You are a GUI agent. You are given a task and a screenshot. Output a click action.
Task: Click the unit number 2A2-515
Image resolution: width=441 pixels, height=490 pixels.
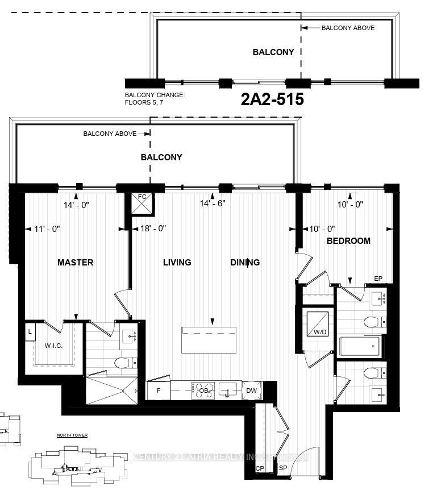pyautogui.click(x=272, y=99)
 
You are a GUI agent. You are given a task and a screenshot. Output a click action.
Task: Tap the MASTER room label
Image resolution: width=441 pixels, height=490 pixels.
pyautogui.click(x=75, y=262)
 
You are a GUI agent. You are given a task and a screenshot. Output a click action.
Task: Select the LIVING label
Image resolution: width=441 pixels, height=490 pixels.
pyautogui.click(x=177, y=262)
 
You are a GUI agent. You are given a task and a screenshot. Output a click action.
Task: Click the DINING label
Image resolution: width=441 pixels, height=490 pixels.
pyautogui.click(x=245, y=262)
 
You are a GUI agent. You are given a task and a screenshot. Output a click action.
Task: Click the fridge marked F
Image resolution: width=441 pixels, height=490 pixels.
pyautogui.click(x=158, y=390)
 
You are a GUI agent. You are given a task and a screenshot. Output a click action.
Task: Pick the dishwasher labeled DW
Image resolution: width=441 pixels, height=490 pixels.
pyautogui.click(x=251, y=390)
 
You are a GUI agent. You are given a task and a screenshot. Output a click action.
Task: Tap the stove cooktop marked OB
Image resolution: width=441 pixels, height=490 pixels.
pyautogui.click(x=203, y=390)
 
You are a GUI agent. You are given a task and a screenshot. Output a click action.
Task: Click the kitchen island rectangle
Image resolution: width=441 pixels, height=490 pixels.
pyautogui.click(x=209, y=339)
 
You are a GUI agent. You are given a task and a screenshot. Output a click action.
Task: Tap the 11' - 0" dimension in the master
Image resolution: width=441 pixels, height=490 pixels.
pyautogui.click(x=47, y=229)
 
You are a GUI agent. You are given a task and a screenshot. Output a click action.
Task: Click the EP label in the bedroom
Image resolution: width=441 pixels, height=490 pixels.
pyautogui.click(x=378, y=279)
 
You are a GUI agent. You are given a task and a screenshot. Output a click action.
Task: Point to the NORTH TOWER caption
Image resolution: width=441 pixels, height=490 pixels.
pyautogui.click(x=72, y=435)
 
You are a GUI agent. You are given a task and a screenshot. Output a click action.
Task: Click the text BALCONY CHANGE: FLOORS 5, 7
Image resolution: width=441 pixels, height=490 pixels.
pyautogui.click(x=155, y=99)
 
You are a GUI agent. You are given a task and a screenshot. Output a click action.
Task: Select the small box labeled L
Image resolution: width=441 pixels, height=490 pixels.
pyautogui.click(x=29, y=331)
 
